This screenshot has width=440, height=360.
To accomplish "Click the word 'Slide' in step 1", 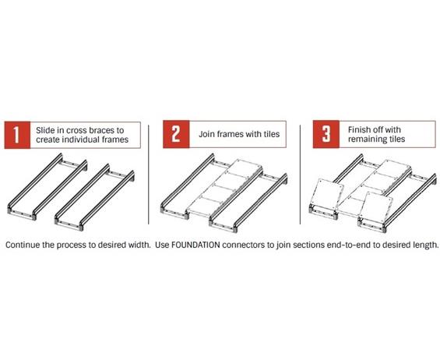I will point(48,129).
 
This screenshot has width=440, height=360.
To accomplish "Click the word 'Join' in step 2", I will point(204,134).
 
